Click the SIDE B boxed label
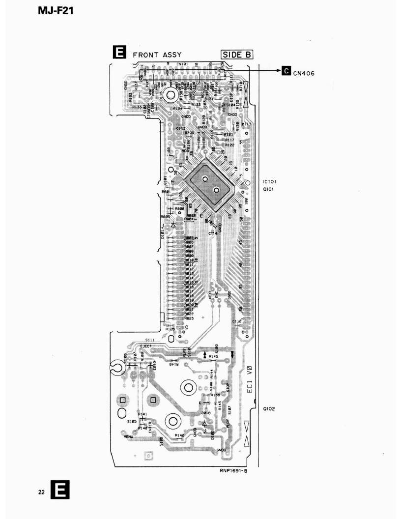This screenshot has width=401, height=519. [x=237, y=54]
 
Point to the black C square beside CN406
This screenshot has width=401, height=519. [x=286, y=71]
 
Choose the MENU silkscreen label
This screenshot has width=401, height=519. [x=129, y=436]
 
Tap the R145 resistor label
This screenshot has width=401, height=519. [x=213, y=356]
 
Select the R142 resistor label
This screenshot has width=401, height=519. [x=179, y=435]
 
